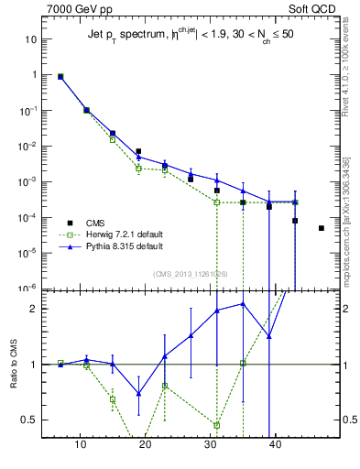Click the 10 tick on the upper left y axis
(x=32, y=39)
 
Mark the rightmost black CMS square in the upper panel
(x=322, y=228)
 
